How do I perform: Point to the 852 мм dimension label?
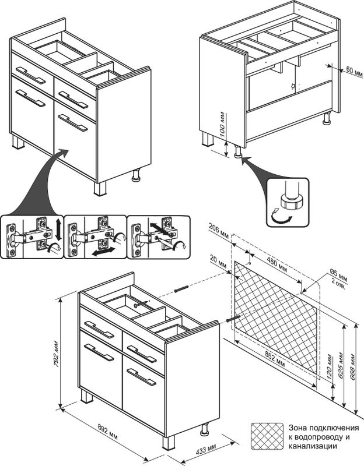click(274, 357)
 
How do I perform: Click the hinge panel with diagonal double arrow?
click(157, 238)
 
